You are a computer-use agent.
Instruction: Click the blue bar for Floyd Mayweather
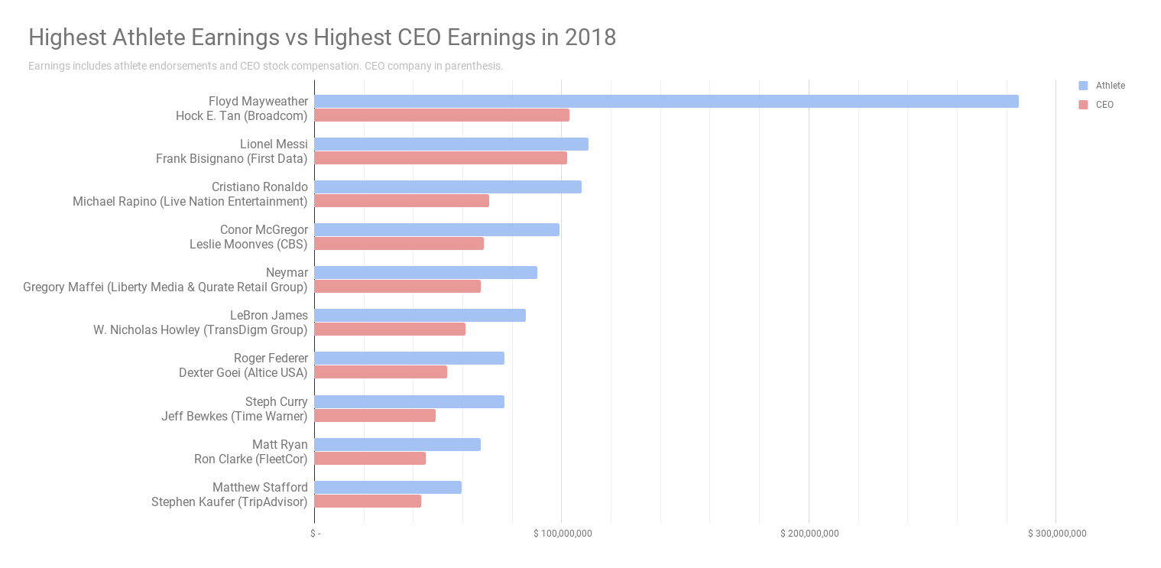point(666,101)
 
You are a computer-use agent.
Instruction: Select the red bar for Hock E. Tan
point(442,115)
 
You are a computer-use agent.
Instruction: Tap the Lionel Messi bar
point(451,144)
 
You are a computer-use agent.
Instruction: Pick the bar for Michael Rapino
point(401,201)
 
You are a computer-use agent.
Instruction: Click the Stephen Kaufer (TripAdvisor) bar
point(368,501)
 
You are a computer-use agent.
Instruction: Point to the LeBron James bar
point(420,315)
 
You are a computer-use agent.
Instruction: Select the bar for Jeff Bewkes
point(375,416)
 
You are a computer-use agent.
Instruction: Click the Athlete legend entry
point(1110,86)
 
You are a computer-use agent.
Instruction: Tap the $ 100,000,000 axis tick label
point(563,534)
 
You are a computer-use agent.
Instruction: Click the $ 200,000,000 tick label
point(809,534)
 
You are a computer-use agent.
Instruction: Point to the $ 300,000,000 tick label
point(1057,534)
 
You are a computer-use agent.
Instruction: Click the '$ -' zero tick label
point(315,534)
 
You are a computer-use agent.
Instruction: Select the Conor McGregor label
point(264,229)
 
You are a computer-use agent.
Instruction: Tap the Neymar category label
point(287,272)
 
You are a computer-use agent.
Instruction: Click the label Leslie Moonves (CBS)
point(248,244)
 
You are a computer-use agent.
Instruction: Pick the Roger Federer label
point(271,358)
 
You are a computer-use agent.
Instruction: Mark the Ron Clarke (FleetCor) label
point(251,459)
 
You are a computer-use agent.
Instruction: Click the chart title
point(322,37)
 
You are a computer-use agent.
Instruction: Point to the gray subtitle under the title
point(265,66)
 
